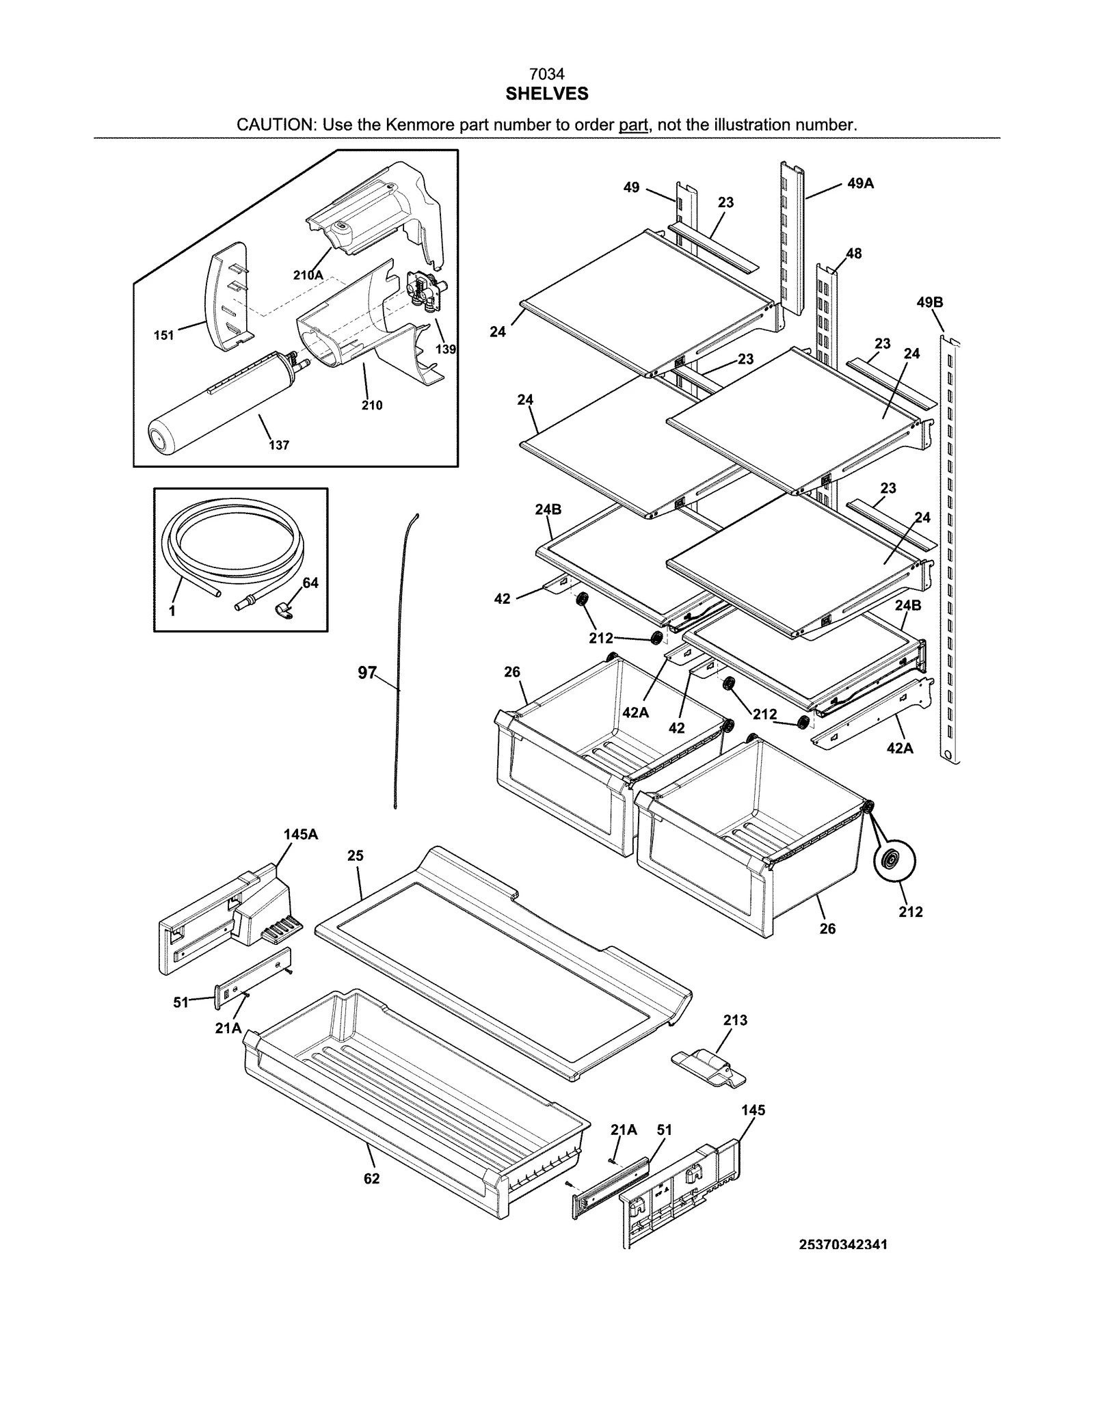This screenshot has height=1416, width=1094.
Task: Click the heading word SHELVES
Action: [x=546, y=94]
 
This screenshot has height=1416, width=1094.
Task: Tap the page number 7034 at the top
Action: [x=546, y=74]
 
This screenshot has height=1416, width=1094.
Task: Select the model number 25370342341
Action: [x=843, y=1244]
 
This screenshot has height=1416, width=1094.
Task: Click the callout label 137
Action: [x=278, y=445]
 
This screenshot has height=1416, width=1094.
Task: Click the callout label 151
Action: [x=163, y=335]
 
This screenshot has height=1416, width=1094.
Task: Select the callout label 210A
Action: [x=308, y=275]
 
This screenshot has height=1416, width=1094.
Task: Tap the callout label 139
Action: [x=446, y=349]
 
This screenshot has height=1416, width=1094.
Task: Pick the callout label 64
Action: [x=310, y=583]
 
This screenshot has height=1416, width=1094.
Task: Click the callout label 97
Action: [x=367, y=673]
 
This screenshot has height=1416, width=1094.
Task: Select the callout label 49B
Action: [x=930, y=302]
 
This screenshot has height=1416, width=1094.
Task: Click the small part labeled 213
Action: [x=708, y=1066]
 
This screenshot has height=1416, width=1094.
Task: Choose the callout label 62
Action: [x=371, y=1179]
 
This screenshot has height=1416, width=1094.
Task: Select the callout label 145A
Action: [x=301, y=834]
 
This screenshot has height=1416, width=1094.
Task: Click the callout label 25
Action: [x=355, y=855]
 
